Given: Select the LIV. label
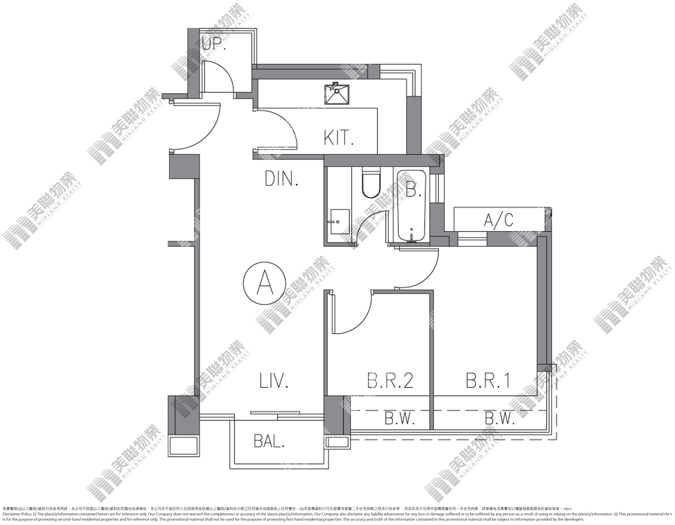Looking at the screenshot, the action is click(274, 380).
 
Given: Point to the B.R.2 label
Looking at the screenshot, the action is click(390, 380).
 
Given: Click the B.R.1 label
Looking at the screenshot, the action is click(488, 380).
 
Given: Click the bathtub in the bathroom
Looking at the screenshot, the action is click(412, 206).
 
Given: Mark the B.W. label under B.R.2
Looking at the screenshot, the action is click(399, 419).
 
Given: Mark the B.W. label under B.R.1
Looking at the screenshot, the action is click(499, 419).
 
